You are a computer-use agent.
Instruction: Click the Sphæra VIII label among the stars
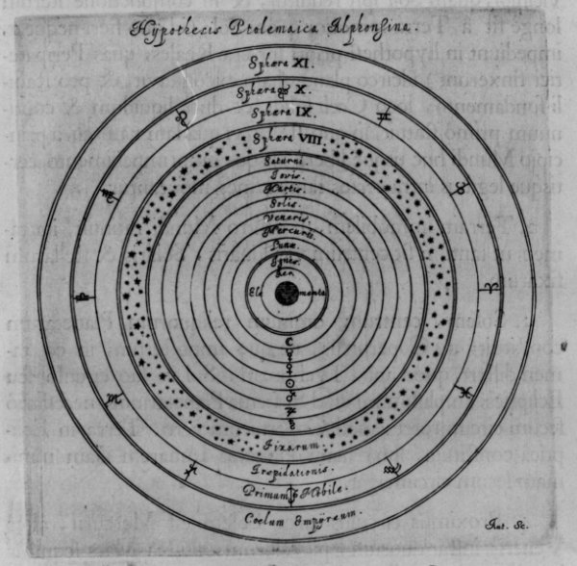[285, 141]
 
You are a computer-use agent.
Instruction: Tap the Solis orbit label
[286, 204]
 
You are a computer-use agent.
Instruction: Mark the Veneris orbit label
[286, 219]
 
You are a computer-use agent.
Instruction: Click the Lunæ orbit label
[285, 246]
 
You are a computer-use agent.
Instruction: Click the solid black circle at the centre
[286, 293]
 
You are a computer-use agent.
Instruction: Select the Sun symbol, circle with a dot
[286, 382]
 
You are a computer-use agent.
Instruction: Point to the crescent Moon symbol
[286, 341]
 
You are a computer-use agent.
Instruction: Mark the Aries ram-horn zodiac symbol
[490, 288]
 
